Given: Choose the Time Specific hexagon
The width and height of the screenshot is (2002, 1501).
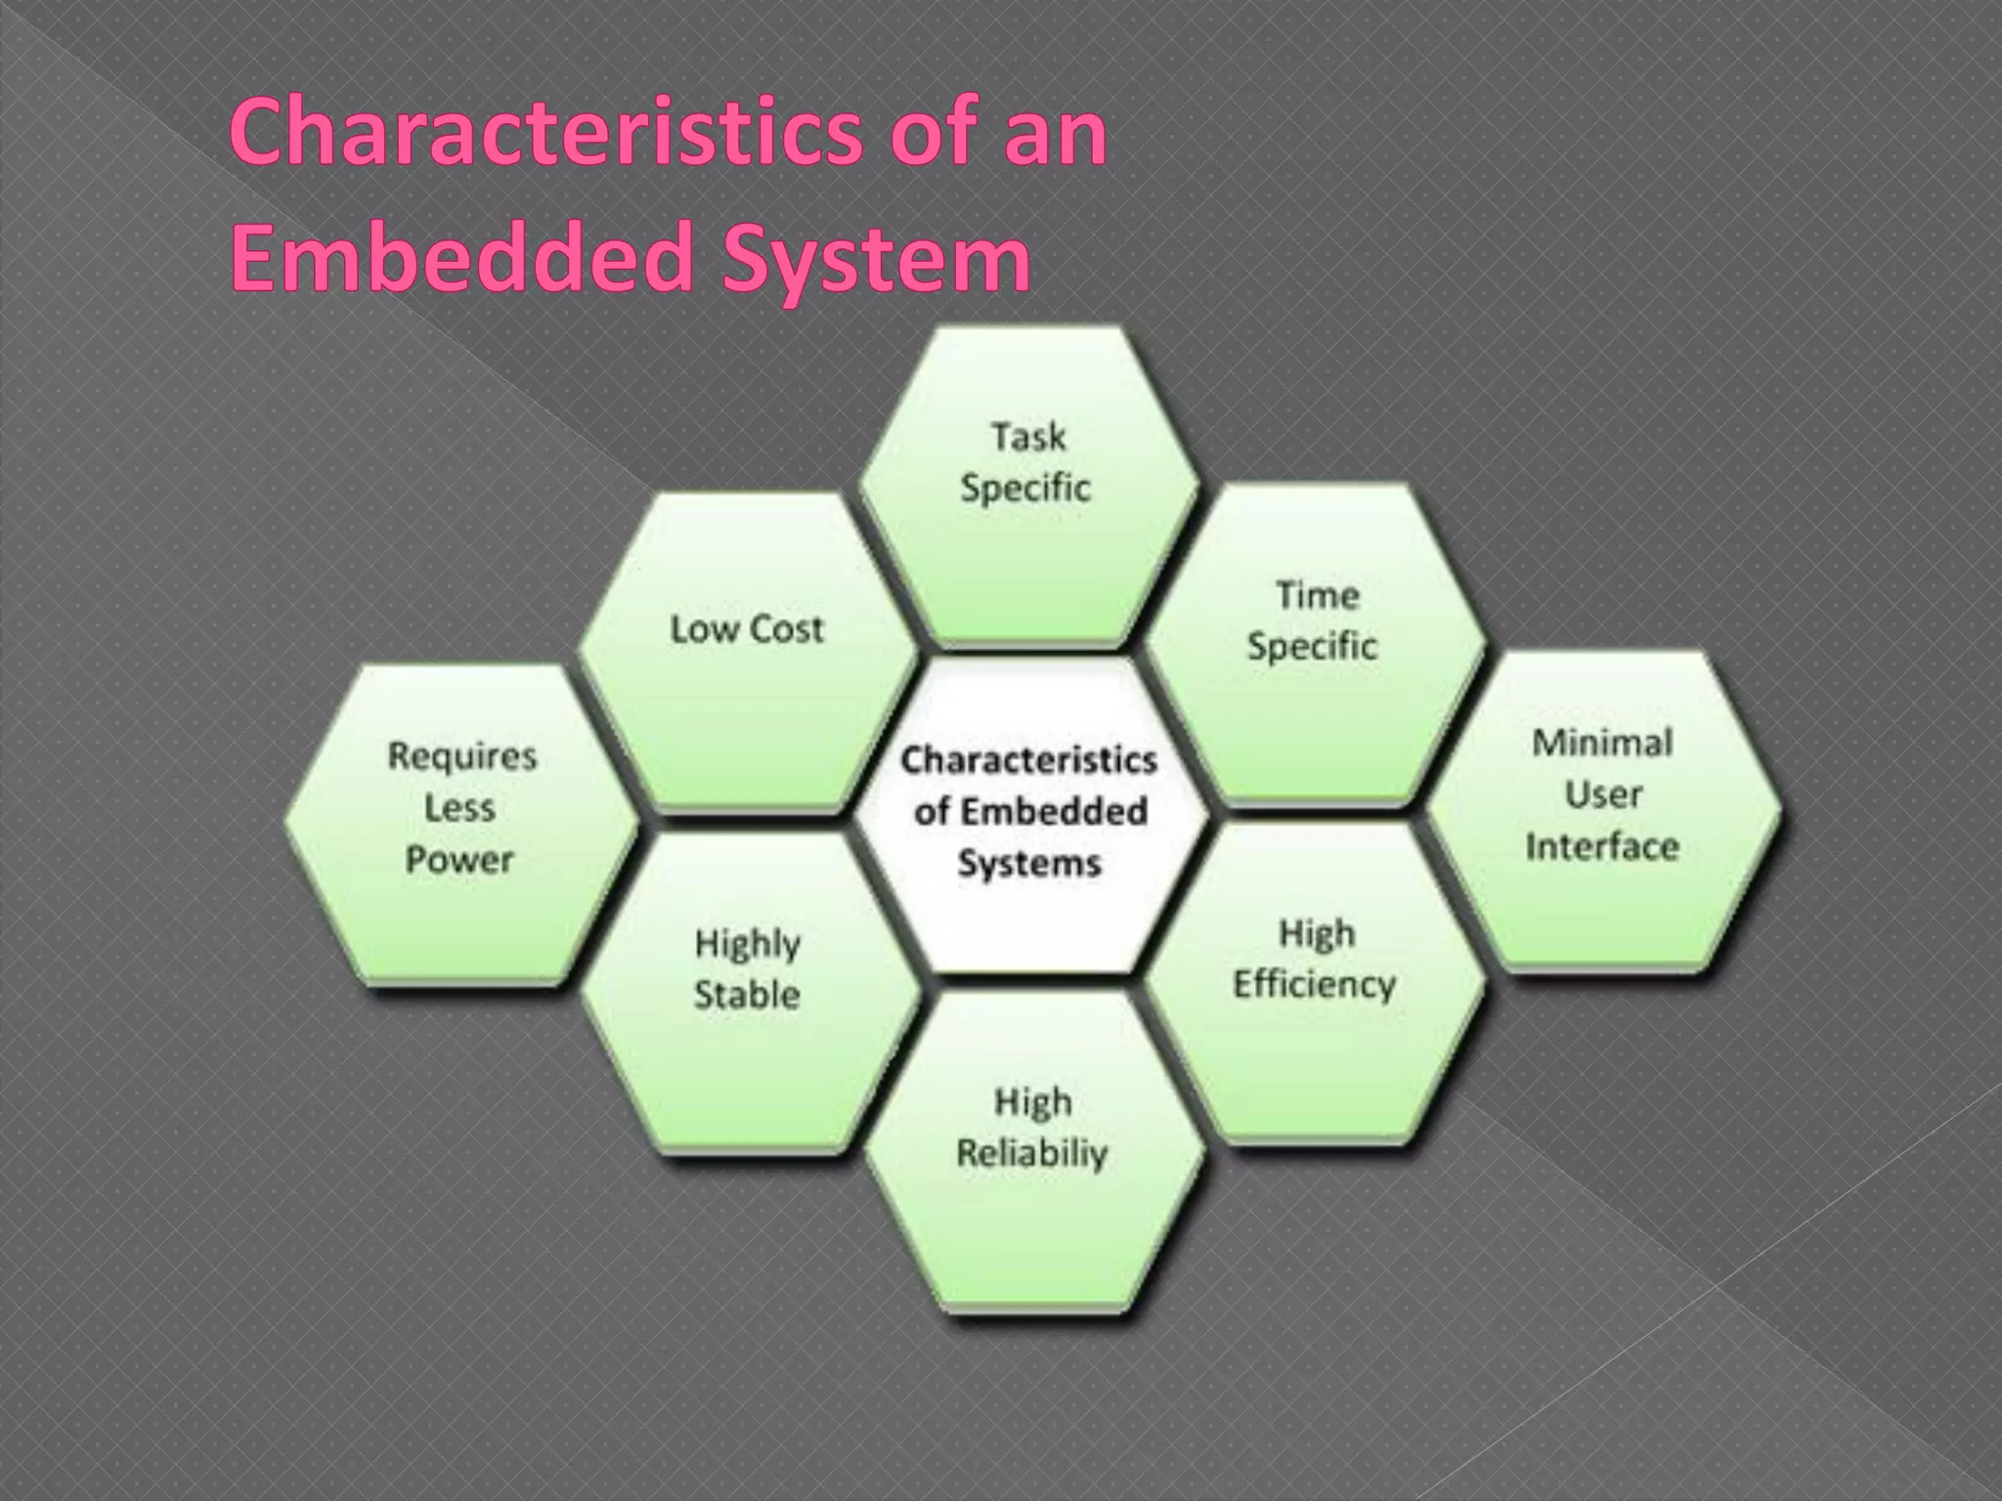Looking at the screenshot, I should click(1314, 645).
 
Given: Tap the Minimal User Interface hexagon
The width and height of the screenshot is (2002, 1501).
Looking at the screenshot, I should click(1603, 811).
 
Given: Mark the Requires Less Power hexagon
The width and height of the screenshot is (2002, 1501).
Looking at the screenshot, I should click(461, 821).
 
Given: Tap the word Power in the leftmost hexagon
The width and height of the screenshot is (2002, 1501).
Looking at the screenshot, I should click(459, 861).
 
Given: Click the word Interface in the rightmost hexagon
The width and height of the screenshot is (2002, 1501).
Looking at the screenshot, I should click(1602, 846).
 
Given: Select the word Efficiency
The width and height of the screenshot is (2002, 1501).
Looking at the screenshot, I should click(1314, 985).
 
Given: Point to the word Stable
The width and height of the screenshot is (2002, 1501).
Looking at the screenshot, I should click(748, 995).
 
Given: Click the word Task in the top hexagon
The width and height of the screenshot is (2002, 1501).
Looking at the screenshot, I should click(1028, 436).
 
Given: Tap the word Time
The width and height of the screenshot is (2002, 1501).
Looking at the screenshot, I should click(1318, 595).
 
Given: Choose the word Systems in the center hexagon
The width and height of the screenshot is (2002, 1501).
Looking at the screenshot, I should click(1029, 864).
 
